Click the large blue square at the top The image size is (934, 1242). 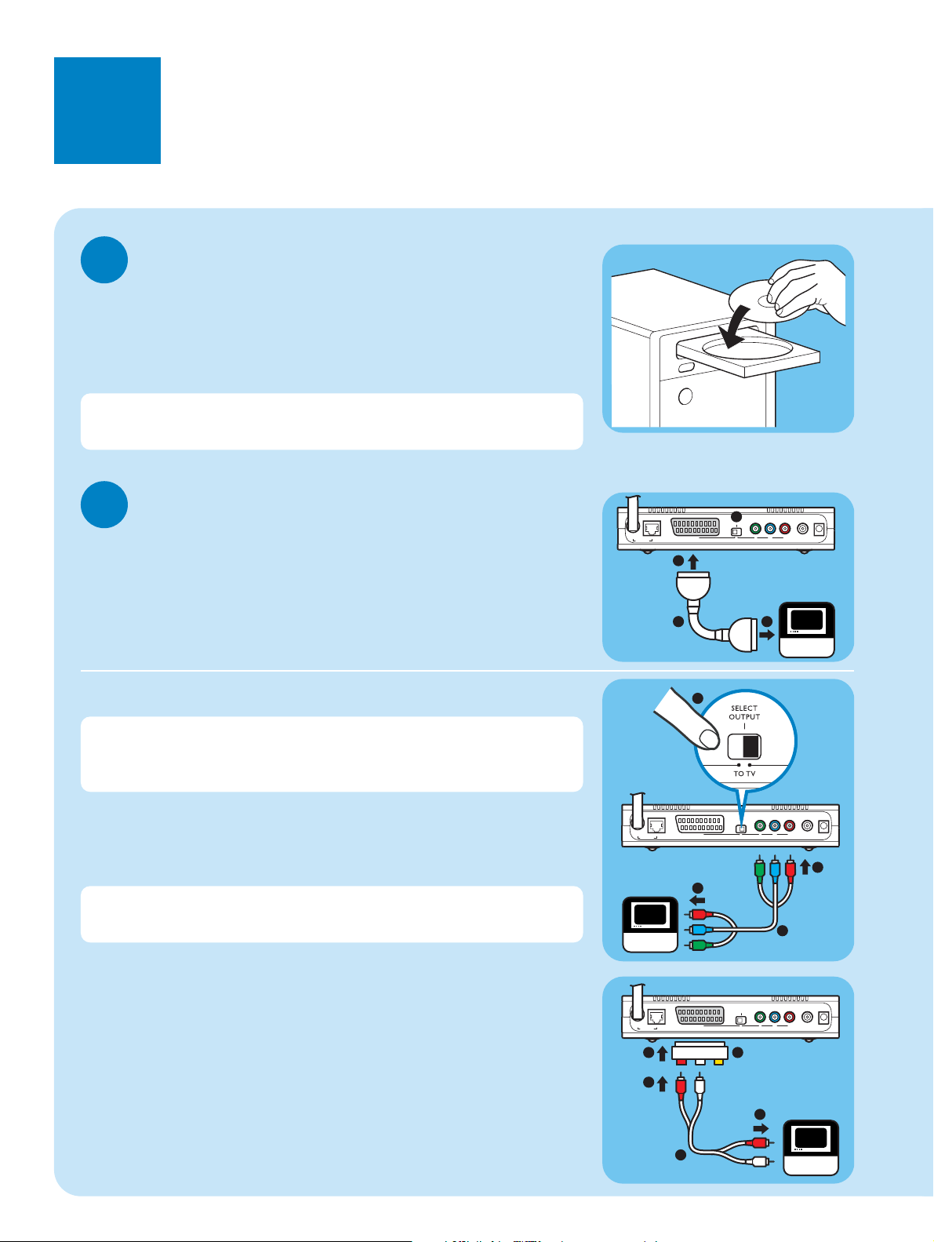click(x=107, y=111)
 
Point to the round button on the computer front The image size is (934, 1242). click(x=685, y=396)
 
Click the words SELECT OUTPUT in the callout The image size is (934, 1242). click(x=744, y=712)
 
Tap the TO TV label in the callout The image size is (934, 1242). click(x=744, y=774)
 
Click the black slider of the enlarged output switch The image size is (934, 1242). click(x=750, y=746)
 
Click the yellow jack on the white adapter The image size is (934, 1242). click(x=718, y=1062)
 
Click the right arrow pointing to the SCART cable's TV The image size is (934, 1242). click(x=767, y=633)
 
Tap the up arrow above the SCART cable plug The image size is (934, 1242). click(x=693, y=562)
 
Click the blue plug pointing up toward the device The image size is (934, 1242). click(x=775, y=869)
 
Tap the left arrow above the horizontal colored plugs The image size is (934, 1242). click(x=697, y=900)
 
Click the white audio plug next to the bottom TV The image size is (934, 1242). click(x=760, y=1161)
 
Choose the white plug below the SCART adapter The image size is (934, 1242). click(x=700, y=1086)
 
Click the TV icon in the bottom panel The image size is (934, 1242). click(x=811, y=1147)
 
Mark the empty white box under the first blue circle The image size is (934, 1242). click(x=332, y=421)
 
